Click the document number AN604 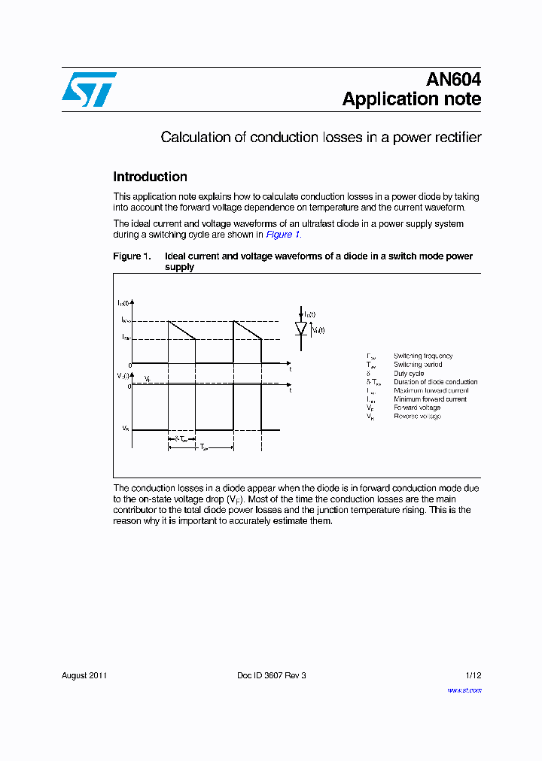tap(453, 80)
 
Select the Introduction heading tap(150, 177)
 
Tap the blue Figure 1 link tap(283, 235)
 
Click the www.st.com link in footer tap(464, 690)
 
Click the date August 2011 tap(84, 675)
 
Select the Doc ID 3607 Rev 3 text tap(272, 675)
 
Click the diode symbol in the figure tap(302, 329)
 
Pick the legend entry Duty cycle tap(409, 373)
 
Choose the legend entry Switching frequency tap(423, 356)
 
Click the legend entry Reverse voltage tap(417, 416)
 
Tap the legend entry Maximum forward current tap(431, 390)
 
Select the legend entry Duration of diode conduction tap(435, 382)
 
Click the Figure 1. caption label tap(132, 256)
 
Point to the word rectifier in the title tap(457, 138)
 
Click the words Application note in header tap(412, 99)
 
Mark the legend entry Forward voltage tap(417, 408)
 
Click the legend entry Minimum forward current tap(430, 399)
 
